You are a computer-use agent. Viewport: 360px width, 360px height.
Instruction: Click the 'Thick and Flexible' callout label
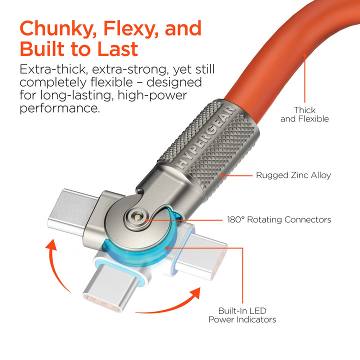point(304,114)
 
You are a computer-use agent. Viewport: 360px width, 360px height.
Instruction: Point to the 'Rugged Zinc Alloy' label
point(293,175)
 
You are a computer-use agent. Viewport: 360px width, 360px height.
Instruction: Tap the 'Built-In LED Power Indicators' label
point(242,314)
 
